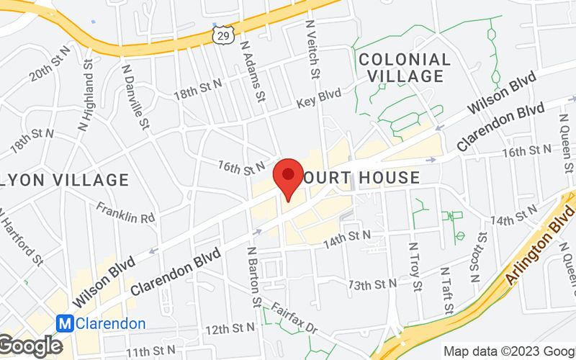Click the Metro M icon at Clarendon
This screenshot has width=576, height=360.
point(66,323)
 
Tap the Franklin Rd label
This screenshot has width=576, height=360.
point(127,212)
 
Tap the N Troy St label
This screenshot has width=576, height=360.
point(415,266)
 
